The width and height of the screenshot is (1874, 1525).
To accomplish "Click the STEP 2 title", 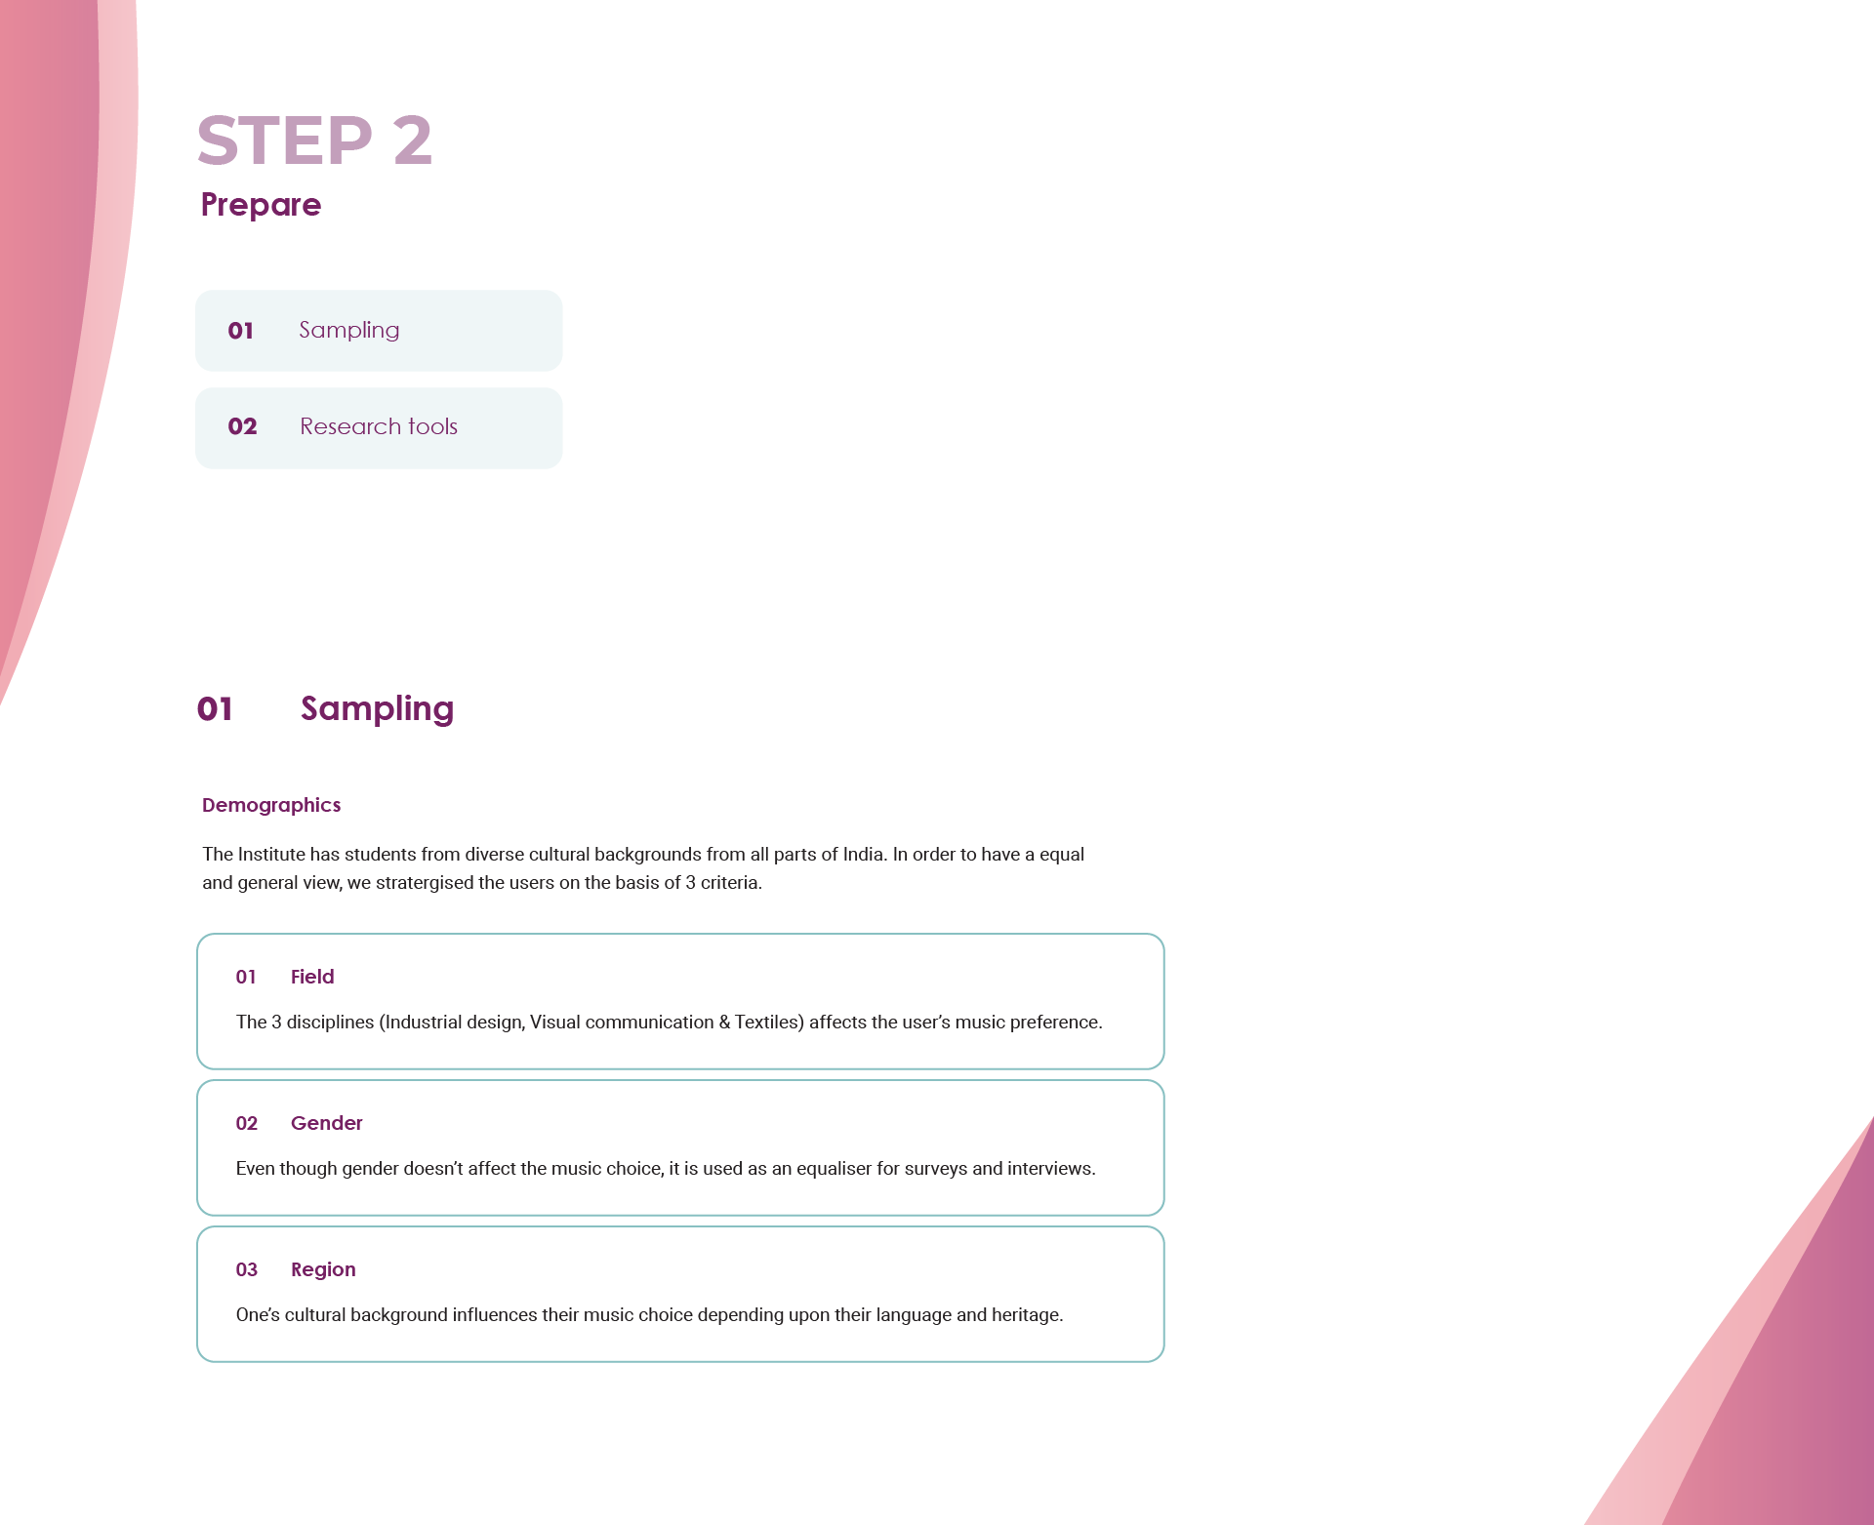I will (314, 140).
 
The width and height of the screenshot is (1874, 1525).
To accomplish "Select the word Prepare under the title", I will (261, 205).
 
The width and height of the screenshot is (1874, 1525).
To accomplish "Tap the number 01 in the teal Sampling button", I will (240, 331).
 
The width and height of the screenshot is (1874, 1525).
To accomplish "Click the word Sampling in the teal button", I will (349, 331).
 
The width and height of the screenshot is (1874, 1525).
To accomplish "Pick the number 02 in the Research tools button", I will (242, 426).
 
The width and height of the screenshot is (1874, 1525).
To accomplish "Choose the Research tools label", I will (379, 426).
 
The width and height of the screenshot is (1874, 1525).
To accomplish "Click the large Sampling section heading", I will (377, 709).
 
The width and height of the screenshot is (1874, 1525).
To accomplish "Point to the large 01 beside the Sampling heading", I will (215, 709).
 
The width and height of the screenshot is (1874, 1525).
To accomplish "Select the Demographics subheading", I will (271, 805).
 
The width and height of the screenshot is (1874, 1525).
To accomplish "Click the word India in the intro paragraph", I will (863, 855).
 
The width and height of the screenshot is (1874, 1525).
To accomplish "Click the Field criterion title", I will (312, 977).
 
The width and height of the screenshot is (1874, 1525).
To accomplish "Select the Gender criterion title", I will (326, 1123).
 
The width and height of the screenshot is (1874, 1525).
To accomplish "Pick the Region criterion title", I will (323, 1269).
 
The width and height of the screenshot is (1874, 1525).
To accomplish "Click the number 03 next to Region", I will (246, 1269).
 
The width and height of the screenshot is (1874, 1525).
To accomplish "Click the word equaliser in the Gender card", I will (834, 1169).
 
